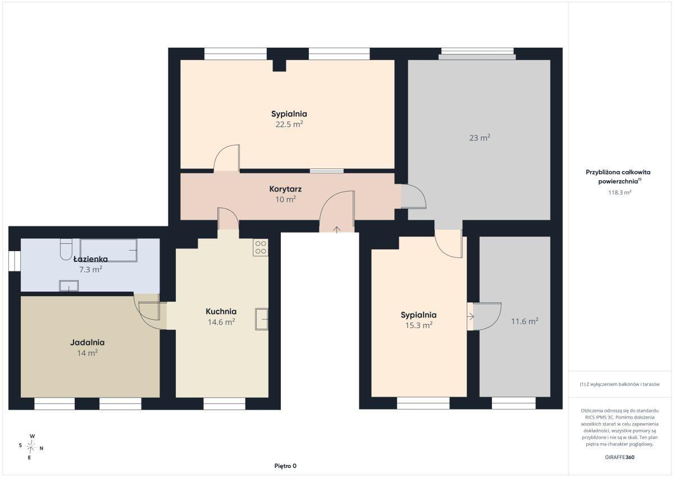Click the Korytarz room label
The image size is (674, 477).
[x=285, y=189]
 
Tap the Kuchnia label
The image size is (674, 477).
[x=221, y=311]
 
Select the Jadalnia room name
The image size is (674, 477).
[x=87, y=343]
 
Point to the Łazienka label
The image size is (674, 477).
[x=90, y=259]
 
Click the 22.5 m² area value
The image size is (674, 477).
[x=289, y=124]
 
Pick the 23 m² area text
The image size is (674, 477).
[x=480, y=138]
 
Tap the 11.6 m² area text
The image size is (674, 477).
[x=525, y=321]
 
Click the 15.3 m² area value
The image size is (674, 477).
[x=419, y=325]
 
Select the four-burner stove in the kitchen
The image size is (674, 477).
[x=260, y=247]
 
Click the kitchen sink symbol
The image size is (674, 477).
[x=262, y=319]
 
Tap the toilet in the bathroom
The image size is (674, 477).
[x=66, y=249]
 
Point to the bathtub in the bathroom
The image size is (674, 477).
[x=108, y=251]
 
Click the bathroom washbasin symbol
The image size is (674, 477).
[x=69, y=286]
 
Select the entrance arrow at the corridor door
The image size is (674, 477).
[x=336, y=230]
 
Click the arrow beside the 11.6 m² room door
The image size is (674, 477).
[x=471, y=316]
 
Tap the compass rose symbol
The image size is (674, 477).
[x=31, y=447]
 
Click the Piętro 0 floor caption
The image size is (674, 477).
[x=285, y=466]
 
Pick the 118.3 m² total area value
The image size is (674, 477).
[x=620, y=192]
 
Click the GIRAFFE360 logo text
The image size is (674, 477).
[x=620, y=457]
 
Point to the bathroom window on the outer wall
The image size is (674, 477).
[x=15, y=261]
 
